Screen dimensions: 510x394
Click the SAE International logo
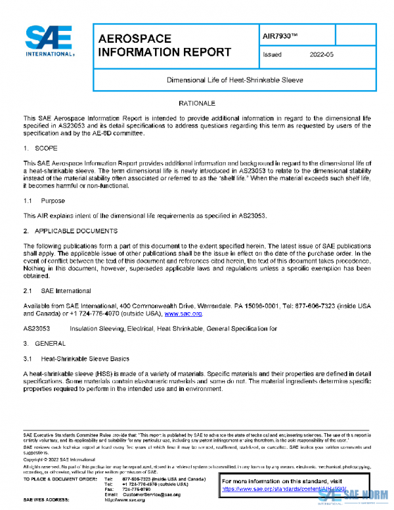pyautogui.click(x=49, y=41)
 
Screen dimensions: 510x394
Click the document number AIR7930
pyautogui.click(x=279, y=34)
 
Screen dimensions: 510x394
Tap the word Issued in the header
pyautogui.click(x=272, y=55)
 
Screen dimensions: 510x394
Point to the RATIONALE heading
pyautogui.click(x=196, y=104)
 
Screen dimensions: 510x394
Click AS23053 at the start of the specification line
pyautogui.click(x=37, y=327)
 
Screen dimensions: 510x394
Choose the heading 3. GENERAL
pyautogui.click(x=45, y=344)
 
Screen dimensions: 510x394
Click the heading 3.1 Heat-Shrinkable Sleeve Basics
pyautogui.click(x=76, y=359)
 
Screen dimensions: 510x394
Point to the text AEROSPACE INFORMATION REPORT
pyautogui.click(x=164, y=45)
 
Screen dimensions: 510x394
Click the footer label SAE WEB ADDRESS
pyautogui.click(x=50, y=500)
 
